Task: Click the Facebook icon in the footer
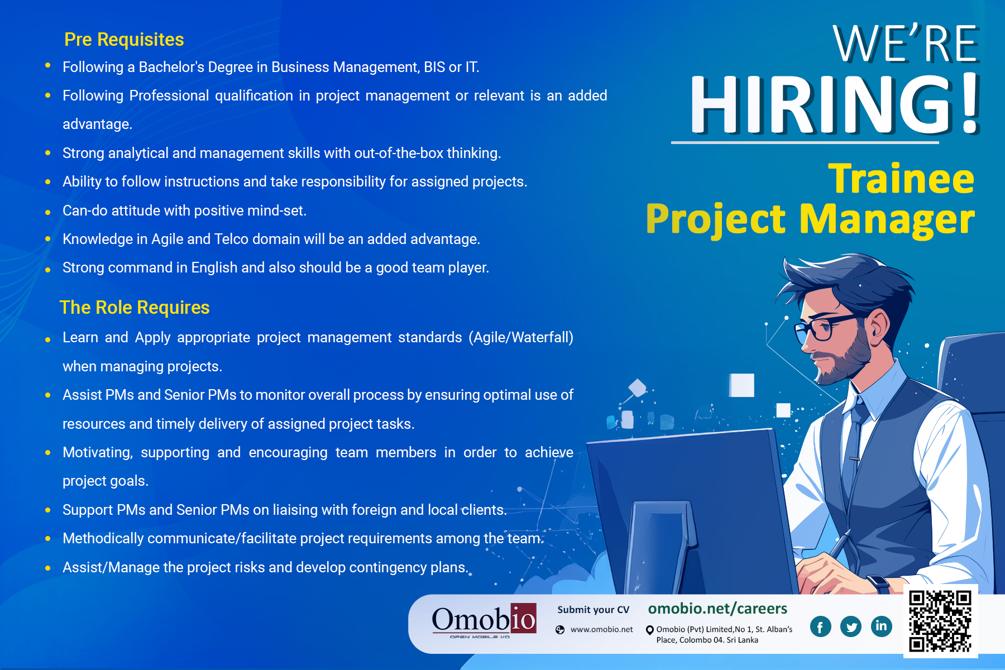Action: [820, 626]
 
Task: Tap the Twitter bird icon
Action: [851, 626]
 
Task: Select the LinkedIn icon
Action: [881, 626]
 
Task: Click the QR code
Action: [940, 621]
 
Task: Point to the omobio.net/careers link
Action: [717, 608]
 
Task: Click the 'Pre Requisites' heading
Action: [124, 40]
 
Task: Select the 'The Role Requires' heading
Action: [135, 308]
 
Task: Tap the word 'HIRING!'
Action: [835, 104]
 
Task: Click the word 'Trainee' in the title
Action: [901, 179]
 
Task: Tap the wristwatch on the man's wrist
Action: [878, 584]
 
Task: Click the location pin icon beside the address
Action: [650, 630]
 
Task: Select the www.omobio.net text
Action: [601, 629]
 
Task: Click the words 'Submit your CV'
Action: [593, 610]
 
